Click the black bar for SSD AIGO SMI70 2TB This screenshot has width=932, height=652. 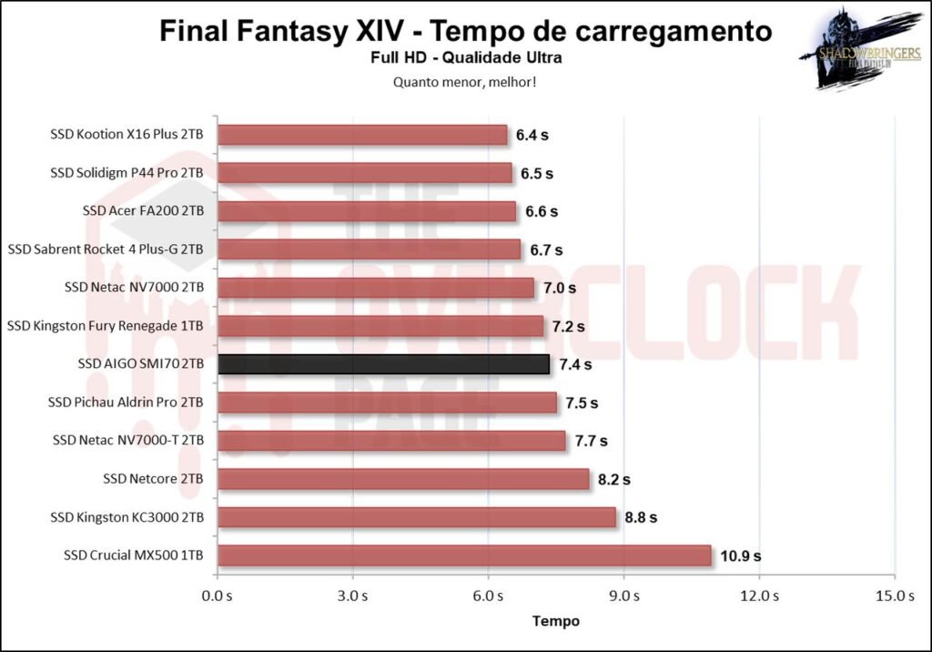[x=383, y=364]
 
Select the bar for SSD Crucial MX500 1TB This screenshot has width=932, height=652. [x=464, y=555]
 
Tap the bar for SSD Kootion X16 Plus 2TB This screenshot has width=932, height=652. [x=362, y=135]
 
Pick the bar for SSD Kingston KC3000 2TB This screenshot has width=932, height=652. [x=417, y=517]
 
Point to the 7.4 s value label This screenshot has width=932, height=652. [x=574, y=364]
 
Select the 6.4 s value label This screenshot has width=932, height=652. [x=532, y=135]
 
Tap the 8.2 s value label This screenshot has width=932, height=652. [x=613, y=479]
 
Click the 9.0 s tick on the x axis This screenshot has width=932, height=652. [x=623, y=596]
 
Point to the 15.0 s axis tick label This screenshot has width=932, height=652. [x=895, y=596]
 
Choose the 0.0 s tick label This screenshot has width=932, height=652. [x=217, y=596]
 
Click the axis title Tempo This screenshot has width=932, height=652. [x=555, y=621]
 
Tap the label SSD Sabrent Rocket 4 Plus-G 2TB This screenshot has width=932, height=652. [x=106, y=250]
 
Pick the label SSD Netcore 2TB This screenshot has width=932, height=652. [x=153, y=479]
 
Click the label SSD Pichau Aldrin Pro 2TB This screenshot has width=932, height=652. [x=128, y=402]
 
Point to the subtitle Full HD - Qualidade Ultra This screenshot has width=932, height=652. [x=465, y=58]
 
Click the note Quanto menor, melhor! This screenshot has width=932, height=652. [x=465, y=81]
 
